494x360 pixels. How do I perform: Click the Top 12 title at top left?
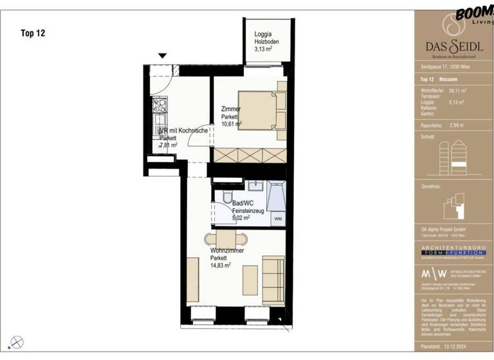coord(33,33)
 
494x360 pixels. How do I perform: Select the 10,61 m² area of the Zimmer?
coord(232,124)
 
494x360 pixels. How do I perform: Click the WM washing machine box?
coord(277,219)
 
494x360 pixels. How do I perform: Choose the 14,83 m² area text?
coord(221,265)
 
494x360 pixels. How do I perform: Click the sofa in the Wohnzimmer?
coord(273,281)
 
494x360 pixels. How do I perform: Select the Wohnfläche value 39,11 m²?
coord(458,91)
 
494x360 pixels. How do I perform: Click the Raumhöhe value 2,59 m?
coord(457,125)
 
